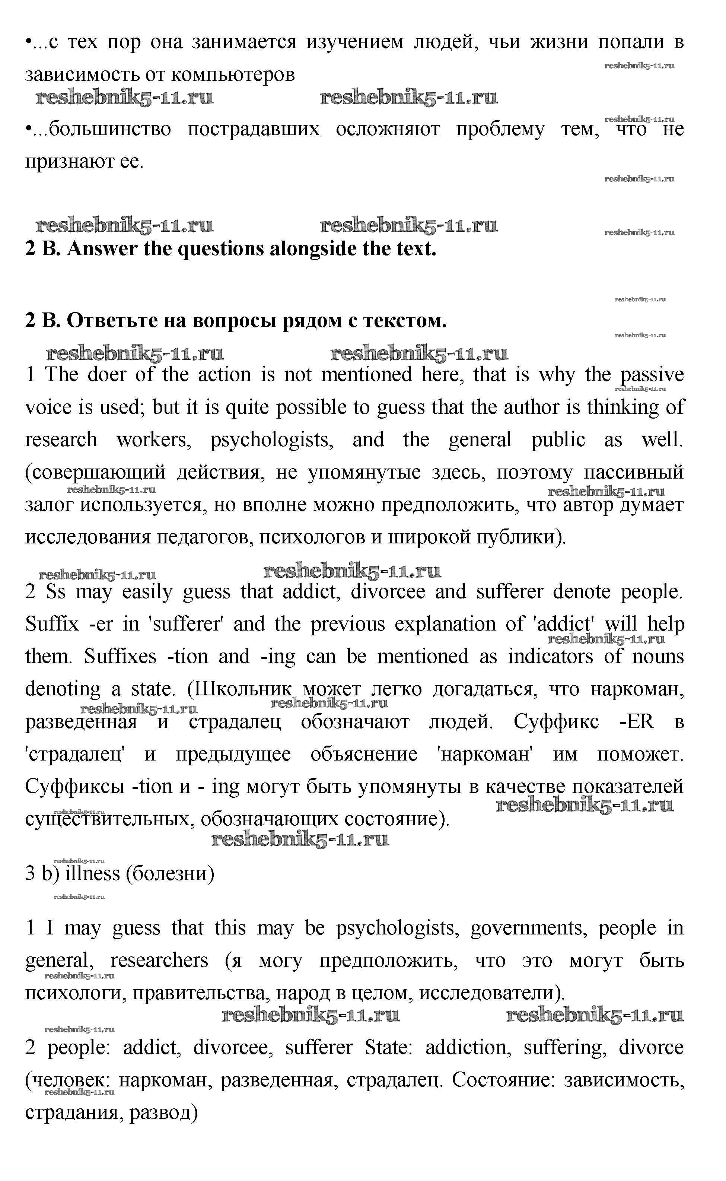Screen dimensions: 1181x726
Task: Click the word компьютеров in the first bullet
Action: coord(232,74)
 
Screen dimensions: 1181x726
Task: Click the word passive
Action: coord(652,375)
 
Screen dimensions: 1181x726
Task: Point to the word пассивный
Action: coord(633,472)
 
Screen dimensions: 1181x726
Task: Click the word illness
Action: coord(92,873)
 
